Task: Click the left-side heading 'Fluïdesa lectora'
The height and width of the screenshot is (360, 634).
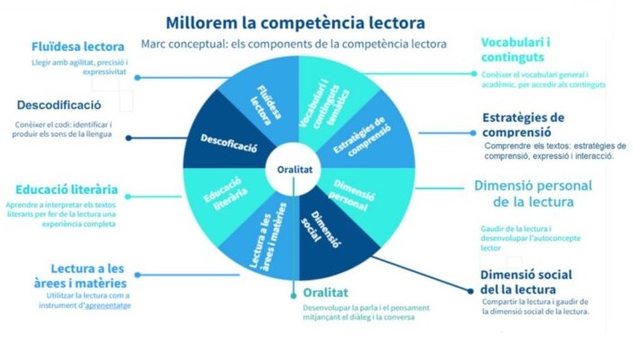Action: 78,46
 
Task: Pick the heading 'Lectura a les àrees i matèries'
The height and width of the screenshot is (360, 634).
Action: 88,276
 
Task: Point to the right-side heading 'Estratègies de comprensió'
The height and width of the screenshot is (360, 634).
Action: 523,125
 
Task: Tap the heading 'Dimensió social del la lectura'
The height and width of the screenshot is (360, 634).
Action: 526,281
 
